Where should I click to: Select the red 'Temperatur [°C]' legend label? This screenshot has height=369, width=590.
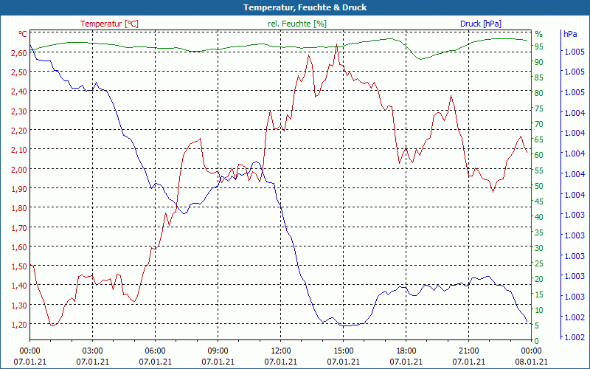click(x=109, y=24)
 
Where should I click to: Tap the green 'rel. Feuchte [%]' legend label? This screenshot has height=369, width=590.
click(x=296, y=24)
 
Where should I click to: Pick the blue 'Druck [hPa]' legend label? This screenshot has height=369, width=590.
click(x=485, y=24)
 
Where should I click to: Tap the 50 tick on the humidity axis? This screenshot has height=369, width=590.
click(x=538, y=185)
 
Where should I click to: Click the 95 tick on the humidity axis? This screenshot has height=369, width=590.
click(x=538, y=46)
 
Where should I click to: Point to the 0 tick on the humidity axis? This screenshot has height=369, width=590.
click(x=537, y=340)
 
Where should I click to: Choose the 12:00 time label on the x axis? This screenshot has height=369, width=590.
click(x=281, y=351)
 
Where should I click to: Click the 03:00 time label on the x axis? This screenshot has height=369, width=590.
click(x=92, y=351)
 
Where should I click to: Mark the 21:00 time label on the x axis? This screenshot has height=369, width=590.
click(x=469, y=351)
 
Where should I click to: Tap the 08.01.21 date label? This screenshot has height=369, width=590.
click(x=532, y=362)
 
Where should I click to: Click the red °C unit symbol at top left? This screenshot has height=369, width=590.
click(x=23, y=34)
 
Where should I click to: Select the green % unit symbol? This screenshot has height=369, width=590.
click(x=538, y=34)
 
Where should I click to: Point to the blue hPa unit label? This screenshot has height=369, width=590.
click(x=570, y=34)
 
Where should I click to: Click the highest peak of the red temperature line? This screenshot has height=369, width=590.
click(x=336, y=44)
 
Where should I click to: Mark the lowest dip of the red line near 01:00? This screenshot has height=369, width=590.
click(x=52, y=325)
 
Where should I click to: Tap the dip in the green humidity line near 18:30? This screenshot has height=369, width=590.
click(x=420, y=59)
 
